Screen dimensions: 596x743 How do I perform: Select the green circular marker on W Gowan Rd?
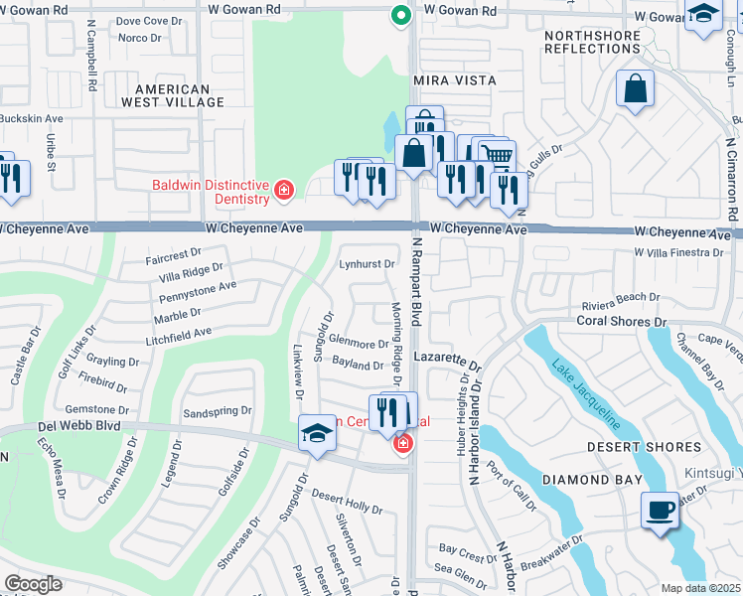[x=399, y=15]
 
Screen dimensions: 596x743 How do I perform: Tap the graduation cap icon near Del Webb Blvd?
[x=317, y=433]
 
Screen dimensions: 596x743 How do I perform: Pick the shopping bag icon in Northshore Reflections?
[x=636, y=88]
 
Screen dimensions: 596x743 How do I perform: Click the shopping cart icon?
[x=497, y=154]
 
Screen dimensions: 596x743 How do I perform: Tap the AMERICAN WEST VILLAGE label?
[x=166, y=95]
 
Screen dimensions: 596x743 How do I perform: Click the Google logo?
[x=33, y=584]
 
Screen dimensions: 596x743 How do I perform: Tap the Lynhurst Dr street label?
[x=368, y=264]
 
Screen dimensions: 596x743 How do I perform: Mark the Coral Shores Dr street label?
[x=622, y=321]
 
